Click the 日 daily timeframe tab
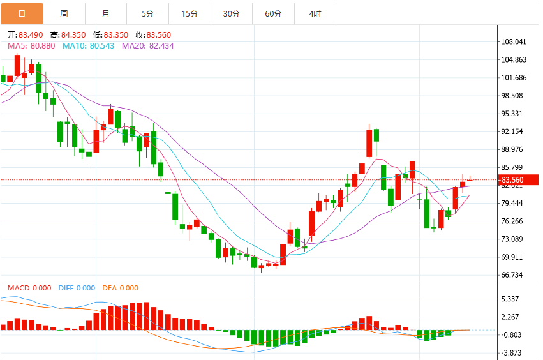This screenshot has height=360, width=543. pyautogui.click(x=22, y=14)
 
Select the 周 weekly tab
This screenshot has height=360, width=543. pyautogui.click(x=64, y=14)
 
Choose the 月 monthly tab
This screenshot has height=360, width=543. pyautogui.click(x=106, y=14)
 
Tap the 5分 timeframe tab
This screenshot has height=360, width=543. pyautogui.click(x=148, y=14)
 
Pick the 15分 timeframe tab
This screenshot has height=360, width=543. pyautogui.click(x=190, y=14)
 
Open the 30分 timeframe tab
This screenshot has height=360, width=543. pyautogui.click(x=232, y=14)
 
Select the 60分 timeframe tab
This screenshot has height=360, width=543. pyautogui.click(x=274, y=14)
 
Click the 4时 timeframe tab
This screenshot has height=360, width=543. pyautogui.click(x=315, y=14)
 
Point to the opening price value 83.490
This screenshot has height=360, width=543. pyautogui.click(x=31, y=35)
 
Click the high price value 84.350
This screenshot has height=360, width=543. pyautogui.click(x=73, y=35)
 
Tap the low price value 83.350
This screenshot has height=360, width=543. pyautogui.click(x=116, y=35)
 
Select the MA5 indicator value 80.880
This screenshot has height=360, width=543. pyautogui.click(x=43, y=46)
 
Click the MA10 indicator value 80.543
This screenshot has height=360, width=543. pyautogui.click(x=102, y=46)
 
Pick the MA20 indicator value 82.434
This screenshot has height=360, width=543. pyautogui.click(x=161, y=46)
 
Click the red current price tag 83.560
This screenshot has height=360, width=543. pyautogui.click(x=518, y=180)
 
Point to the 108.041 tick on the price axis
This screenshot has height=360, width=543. pyautogui.click(x=514, y=42)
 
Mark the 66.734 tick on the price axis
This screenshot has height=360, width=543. pyautogui.click(x=512, y=275)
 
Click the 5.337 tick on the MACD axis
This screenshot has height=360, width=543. pyautogui.click(x=510, y=299)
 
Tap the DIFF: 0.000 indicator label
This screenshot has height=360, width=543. pyautogui.click(x=77, y=288)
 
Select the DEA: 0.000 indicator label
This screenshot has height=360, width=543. pyautogui.click(x=120, y=288)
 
